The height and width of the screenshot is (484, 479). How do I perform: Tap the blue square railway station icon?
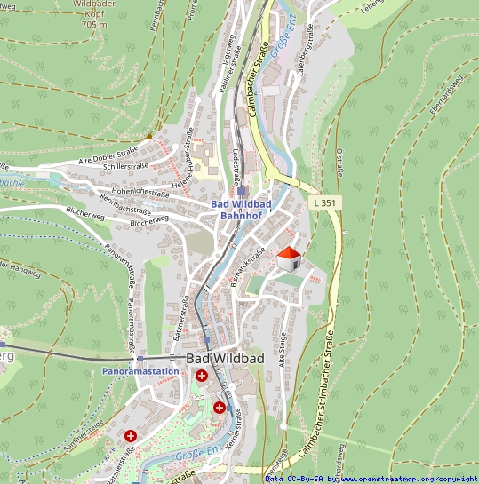241,190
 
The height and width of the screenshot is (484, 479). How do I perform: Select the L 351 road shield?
325,203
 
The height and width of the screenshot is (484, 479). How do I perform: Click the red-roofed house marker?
288,259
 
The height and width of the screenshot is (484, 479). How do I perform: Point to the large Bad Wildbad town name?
226,358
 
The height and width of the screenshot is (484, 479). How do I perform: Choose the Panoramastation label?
133,370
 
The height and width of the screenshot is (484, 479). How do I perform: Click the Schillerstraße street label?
124,166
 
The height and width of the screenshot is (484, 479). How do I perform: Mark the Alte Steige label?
283,349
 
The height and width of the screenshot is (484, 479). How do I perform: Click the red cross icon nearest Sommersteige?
131,436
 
